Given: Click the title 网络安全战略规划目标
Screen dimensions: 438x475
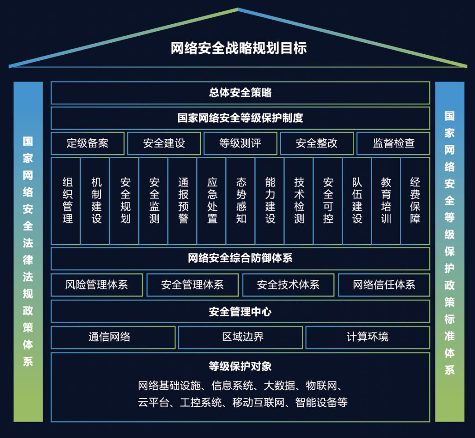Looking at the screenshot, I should (238, 48).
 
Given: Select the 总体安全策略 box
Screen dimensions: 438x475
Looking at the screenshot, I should (240, 93).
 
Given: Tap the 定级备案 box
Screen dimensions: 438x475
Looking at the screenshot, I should (88, 143).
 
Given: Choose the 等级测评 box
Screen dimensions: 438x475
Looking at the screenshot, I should (240, 143).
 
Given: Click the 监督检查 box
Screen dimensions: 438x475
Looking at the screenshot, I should (393, 143).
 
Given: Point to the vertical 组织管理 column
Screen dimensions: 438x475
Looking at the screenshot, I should (67, 200).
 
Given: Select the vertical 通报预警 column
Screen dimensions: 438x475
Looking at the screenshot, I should (183, 200).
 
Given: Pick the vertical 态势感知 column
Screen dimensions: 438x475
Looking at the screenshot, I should (241, 200).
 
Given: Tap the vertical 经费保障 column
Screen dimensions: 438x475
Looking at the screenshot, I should (415, 200).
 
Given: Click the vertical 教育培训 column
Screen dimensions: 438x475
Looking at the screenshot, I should (386, 200).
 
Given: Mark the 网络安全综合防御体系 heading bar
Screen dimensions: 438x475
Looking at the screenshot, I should (240, 258).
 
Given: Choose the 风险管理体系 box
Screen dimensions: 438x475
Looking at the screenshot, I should (97, 285).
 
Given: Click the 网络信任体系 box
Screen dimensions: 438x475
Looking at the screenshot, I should (384, 285).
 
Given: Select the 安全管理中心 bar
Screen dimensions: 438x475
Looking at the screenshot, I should (240, 312).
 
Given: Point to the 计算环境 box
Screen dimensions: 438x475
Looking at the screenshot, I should (367, 338).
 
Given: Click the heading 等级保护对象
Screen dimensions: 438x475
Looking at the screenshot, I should (240, 366).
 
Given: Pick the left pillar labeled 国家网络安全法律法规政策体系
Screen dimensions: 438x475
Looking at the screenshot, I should (28, 251).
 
